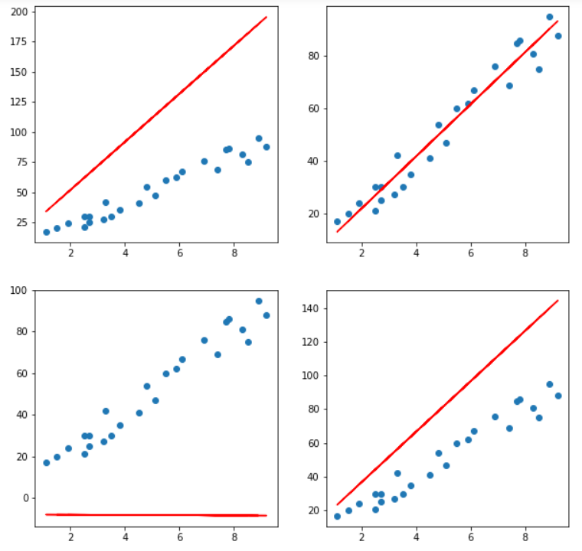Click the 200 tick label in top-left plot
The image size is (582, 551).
(x=18, y=12)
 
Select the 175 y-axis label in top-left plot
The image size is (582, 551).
(x=18, y=42)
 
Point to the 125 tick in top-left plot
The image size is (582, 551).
(x=18, y=103)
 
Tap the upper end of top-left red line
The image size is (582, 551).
(x=266, y=17)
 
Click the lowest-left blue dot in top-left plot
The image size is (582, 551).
(x=47, y=232)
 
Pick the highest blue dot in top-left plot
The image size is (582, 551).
(x=259, y=139)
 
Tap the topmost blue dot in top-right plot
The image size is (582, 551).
(x=549, y=17)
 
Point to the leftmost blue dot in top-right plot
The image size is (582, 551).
(x=338, y=222)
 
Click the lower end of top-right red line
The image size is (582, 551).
(x=338, y=232)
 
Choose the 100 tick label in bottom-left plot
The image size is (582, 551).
(x=18, y=291)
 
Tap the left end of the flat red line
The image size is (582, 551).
(x=47, y=514)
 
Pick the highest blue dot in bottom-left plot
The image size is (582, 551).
(x=259, y=302)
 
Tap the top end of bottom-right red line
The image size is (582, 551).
(x=557, y=301)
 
